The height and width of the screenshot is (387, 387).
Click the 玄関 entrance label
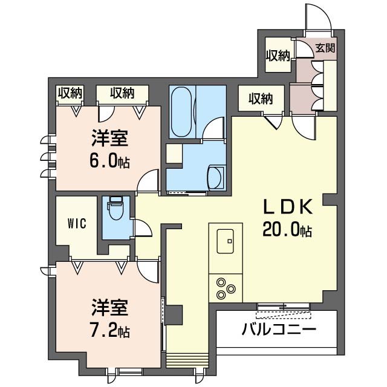click(x=325, y=48)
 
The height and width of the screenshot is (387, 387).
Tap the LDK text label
click(x=287, y=207)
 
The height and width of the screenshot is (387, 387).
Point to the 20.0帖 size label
click(x=287, y=230)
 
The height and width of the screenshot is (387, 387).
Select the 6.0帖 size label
click(x=110, y=162)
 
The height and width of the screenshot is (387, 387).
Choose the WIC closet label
click(x=77, y=223)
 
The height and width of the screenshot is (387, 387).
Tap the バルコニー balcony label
click(x=279, y=330)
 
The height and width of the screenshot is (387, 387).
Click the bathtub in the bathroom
click(x=181, y=112)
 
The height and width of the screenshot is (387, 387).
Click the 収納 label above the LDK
click(x=260, y=98)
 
